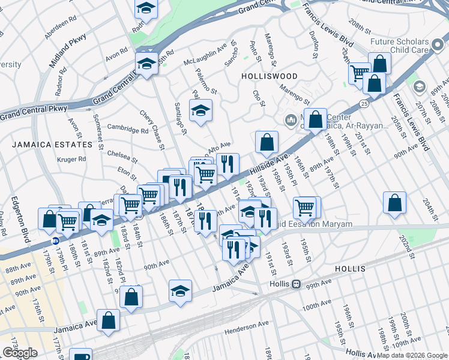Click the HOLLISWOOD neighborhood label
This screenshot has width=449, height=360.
(269, 76)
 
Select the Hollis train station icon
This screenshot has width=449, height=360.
(295, 283)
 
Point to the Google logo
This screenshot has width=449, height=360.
(20, 353)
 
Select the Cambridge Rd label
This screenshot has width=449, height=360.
(127, 127)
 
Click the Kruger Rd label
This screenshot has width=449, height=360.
(72, 159)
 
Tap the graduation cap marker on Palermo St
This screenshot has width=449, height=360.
(201, 110)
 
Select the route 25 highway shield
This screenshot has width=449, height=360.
(364, 104)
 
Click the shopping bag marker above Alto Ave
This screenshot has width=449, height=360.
(267, 142)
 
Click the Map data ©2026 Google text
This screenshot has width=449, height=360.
(411, 355)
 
